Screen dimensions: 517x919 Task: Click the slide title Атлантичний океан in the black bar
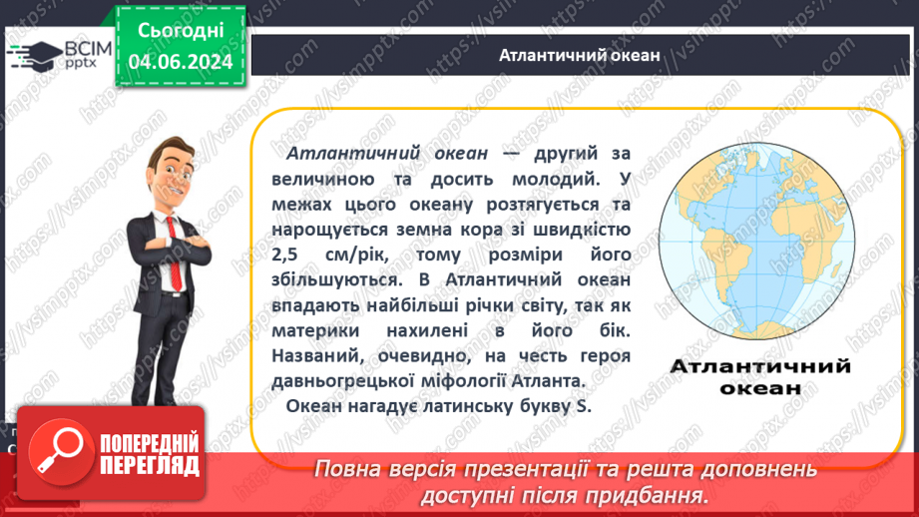pos(580,55)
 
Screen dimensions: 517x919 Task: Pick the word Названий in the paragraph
pos(321,354)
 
